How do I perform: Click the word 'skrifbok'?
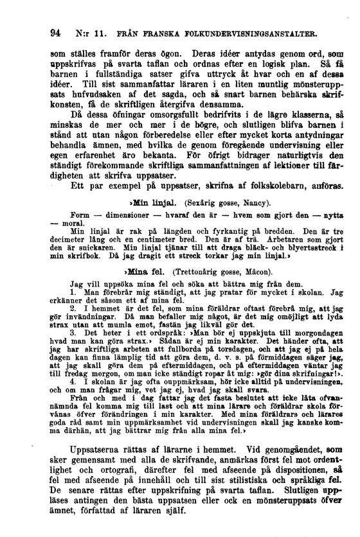tap(96, 256)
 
